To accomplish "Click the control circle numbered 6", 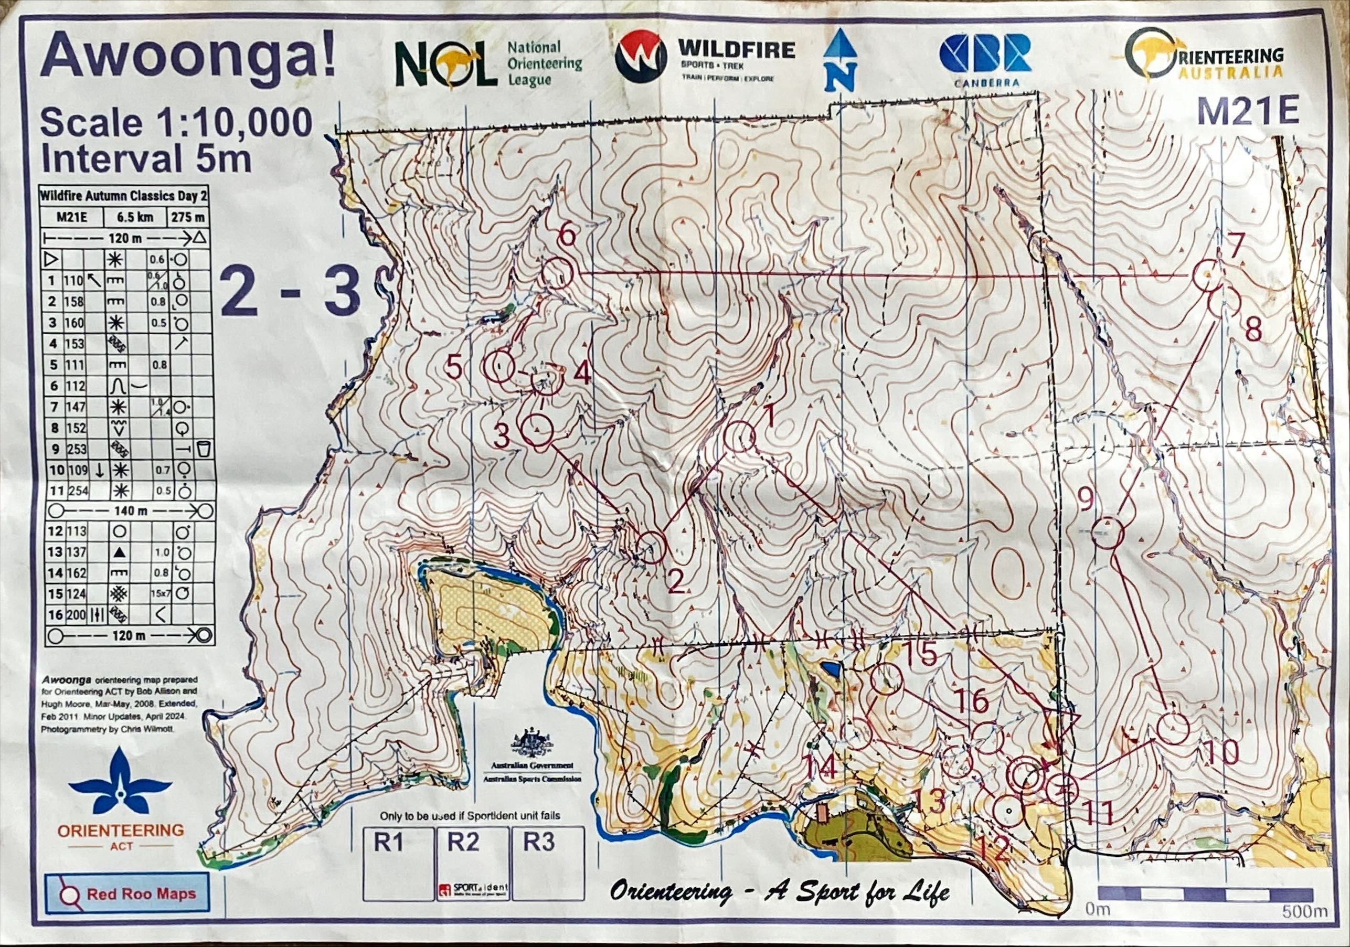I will pos(557,273).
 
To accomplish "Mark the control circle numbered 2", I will pos(650,547).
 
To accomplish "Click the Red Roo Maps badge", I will pos(127,894).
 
